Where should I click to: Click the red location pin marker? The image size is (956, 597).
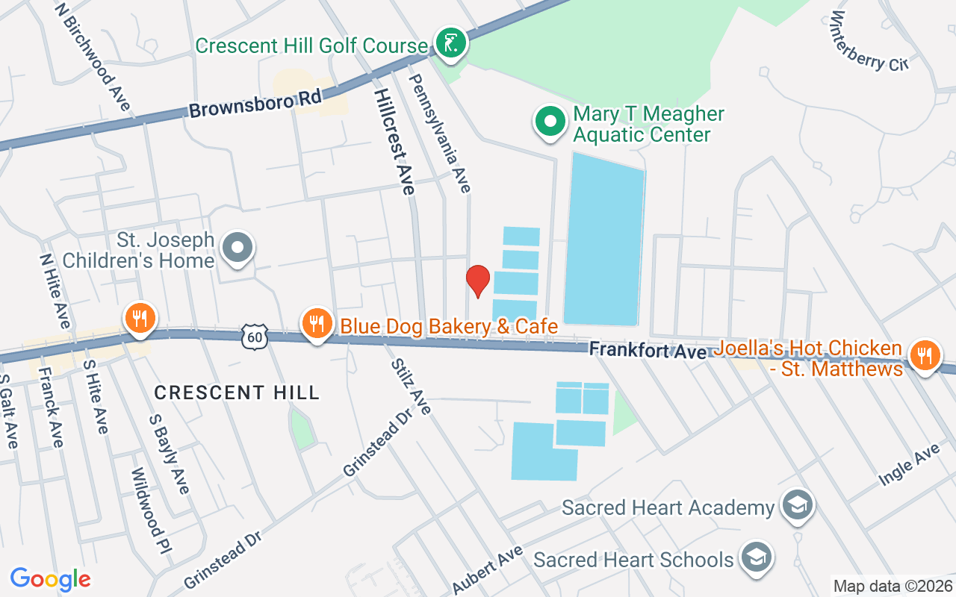478,281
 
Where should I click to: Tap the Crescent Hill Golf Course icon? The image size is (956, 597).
450,44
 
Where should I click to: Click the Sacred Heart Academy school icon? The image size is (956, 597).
797,507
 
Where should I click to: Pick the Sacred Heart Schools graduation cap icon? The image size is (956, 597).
756,559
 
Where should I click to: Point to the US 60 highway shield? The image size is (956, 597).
254,338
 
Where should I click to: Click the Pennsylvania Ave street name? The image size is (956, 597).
440,132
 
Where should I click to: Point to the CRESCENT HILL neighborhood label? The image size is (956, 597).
237,392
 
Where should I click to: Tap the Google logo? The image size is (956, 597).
50,579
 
